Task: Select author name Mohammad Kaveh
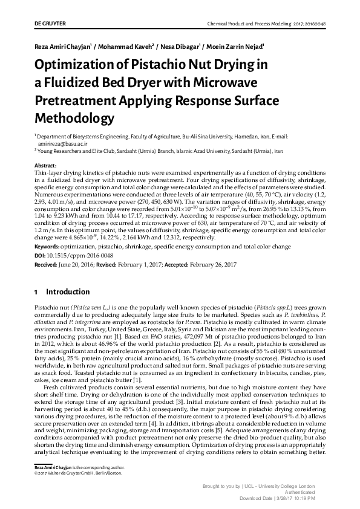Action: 125,46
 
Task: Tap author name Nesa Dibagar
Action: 179,46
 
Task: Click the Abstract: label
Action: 46,165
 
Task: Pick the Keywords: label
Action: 48,247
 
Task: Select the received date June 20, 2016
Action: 82,265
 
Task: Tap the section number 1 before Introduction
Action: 36,291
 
